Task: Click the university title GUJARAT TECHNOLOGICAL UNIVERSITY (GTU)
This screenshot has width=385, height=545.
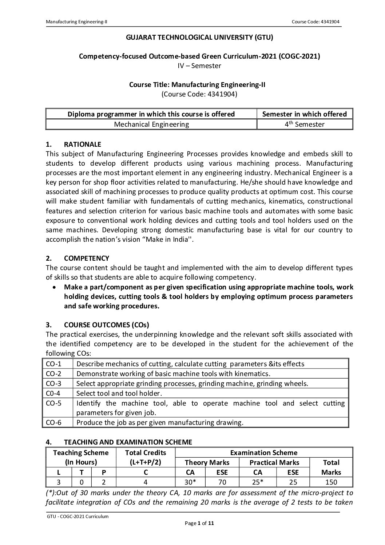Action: click(x=199, y=37)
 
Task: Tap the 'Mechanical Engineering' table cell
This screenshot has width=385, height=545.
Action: click(x=151, y=124)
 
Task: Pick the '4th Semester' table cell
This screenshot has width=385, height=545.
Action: click(x=305, y=124)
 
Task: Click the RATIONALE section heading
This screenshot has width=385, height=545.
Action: click(x=83, y=144)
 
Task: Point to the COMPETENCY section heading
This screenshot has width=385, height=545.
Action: click(x=87, y=258)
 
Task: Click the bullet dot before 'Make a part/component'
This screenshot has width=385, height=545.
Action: click(x=54, y=287)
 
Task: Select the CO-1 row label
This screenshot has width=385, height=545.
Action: click(x=53, y=364)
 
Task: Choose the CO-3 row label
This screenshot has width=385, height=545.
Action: click(x=53, y=383)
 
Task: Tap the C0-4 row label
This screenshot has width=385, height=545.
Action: click(x=53, y=393)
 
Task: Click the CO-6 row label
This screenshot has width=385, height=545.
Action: click(x=53, y=422)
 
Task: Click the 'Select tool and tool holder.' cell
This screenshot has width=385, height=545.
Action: click(x=119, y=393)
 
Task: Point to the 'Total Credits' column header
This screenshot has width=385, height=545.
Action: click(x=145, y=453)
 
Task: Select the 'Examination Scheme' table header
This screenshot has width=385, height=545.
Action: click(x=263, y=453)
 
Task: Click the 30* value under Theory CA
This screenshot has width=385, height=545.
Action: click(x=190, y=482)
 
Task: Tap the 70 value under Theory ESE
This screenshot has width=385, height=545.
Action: click(x=222, y=482)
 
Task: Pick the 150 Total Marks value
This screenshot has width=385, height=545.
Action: click(x=331, y=482)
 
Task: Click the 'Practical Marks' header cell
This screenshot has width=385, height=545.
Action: click(x=274, y=462)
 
